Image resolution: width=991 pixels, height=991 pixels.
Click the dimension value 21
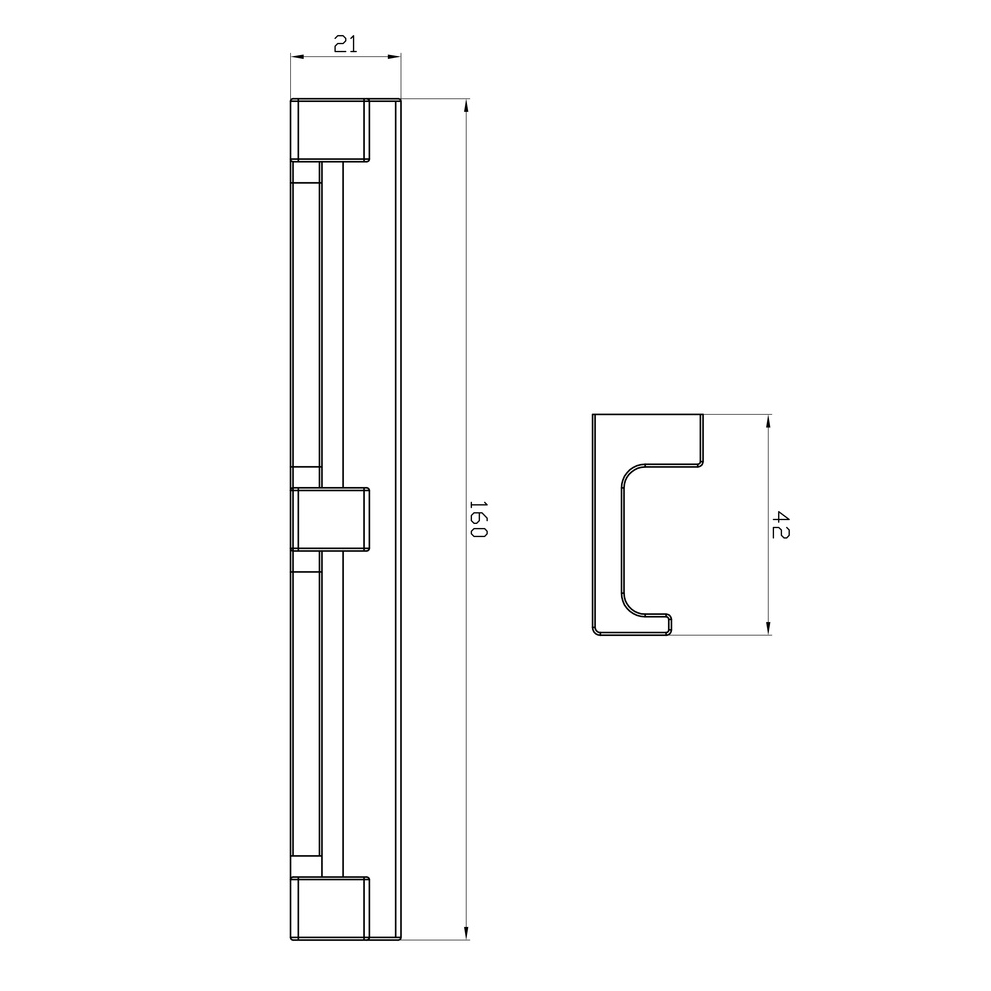346,44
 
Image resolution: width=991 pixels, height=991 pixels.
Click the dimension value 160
479,519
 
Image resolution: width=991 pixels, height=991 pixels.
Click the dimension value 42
781,525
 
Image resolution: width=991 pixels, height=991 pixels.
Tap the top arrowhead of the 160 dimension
466,106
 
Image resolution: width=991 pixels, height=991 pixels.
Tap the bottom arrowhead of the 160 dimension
466,933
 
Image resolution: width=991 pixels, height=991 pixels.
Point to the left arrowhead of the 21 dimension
298,57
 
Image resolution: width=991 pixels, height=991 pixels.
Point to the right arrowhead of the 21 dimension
394,57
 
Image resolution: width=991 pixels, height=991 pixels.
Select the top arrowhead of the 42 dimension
769,422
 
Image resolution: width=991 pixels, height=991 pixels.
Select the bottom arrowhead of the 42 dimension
769,627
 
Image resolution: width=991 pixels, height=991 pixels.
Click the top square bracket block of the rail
330,130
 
